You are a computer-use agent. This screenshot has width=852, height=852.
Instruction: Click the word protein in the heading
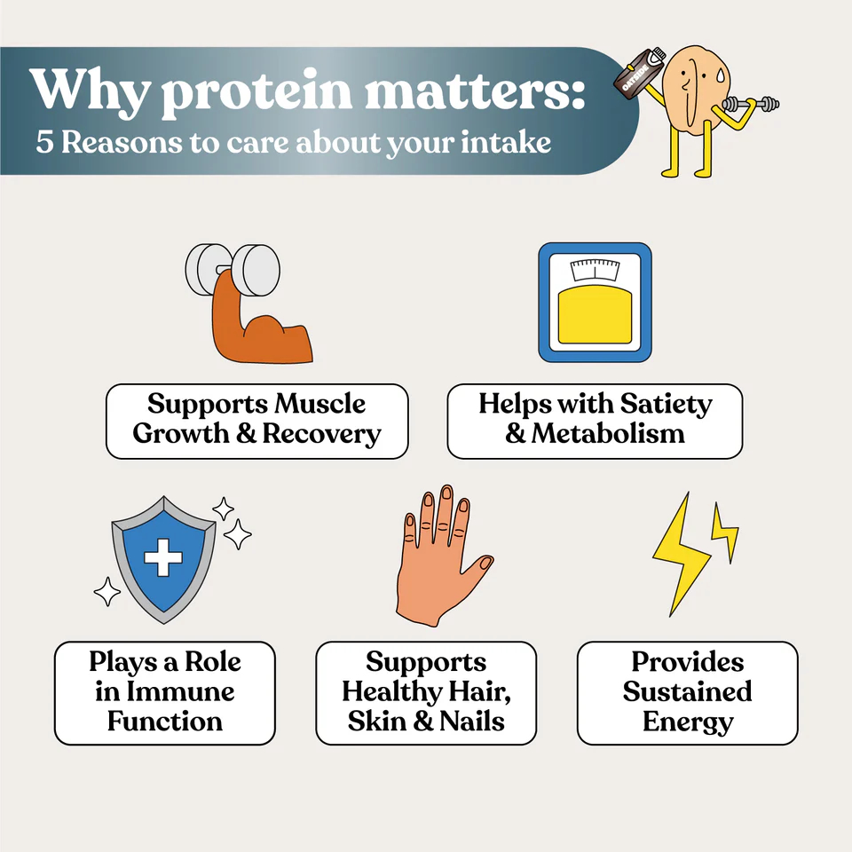tap(256, 91)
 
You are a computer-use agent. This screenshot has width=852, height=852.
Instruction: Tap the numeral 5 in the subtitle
tap(44, 142)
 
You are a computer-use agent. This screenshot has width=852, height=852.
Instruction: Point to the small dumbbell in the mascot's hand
tap(752, 103)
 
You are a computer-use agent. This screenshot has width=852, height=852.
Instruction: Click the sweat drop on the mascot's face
tap(721, 75)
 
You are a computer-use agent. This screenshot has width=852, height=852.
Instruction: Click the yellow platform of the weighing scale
tap(595, 314)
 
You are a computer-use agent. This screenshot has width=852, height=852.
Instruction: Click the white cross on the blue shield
tap(163, 557)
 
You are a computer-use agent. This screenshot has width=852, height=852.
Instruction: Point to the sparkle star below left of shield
tap(107, 592)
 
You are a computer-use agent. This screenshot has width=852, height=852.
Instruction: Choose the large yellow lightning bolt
tap(681, 554)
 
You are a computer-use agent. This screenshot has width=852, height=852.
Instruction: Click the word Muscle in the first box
tap(319, 404)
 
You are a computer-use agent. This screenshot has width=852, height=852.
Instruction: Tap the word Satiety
tap(666, 405)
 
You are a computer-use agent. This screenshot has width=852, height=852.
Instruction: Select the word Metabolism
tap(608, 434)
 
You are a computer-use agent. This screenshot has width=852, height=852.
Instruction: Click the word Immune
tap(180, 691)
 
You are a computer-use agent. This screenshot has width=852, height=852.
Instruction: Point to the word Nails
tap(471, 722)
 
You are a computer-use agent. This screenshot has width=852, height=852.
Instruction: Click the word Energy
tap(688, 723)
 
